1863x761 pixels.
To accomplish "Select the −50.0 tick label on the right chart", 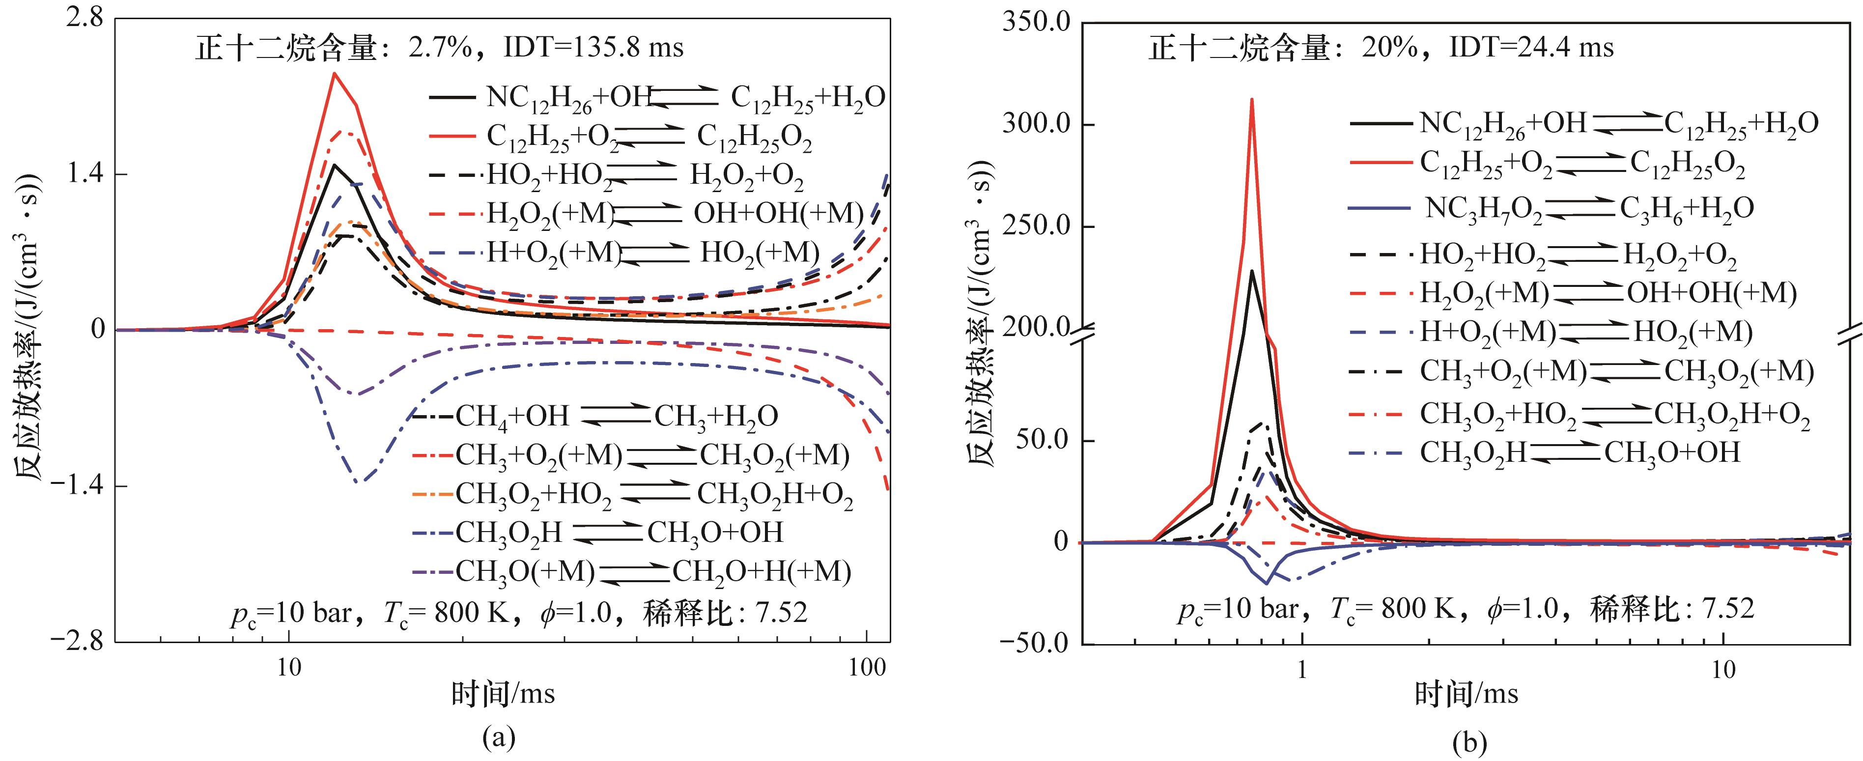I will pyautogui.click(x=1035, y=643).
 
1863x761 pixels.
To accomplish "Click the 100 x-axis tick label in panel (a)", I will pyautogui.click(x=866, y=667).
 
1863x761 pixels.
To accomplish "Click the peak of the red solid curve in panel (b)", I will pyautogui.click(x=1251, y=100).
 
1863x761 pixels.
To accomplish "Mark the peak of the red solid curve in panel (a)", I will pyautogui.click(x=334, y=73).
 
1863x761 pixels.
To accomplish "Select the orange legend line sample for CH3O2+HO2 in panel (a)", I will pyautogui.click(x=432, y=494).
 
